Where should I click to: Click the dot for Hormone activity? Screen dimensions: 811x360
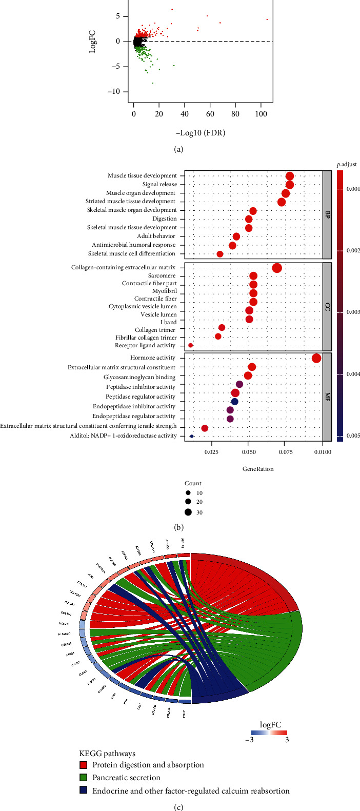coord(316,358)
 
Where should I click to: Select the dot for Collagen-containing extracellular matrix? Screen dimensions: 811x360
coord(277,268)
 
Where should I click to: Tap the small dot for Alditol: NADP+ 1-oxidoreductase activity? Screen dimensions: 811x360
coord(192,436)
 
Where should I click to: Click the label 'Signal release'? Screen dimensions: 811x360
coord(159,184)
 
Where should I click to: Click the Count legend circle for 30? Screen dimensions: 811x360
coord(188,511)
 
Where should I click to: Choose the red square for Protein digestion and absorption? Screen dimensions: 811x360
coord(83,765)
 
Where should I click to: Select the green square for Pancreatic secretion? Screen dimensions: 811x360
coord(83,778)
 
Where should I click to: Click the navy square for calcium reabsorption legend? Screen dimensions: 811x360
coord(83,790)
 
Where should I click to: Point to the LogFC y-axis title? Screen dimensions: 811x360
coord(93,42)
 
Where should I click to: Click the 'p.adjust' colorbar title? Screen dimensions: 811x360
coord(347,164)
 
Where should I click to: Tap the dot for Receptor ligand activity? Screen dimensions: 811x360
coord(191,345)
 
